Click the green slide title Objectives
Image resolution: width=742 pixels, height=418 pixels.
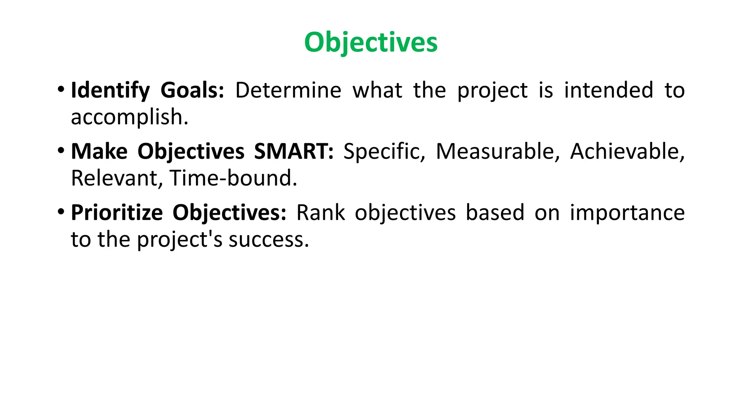(x=371, y=42)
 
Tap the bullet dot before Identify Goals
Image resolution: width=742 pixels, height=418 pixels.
(x=61, y=89)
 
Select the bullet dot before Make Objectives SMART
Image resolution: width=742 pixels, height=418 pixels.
(x=61, y=150)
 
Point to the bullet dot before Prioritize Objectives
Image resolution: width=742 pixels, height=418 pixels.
(x=61, y=211)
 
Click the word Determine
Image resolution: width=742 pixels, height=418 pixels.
(x=288, y=90)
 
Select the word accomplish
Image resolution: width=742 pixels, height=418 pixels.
(x=129, y=117)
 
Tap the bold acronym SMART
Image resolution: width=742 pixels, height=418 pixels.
(x=293, y=151)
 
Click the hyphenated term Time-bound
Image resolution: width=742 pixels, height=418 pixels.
(x=233, y=178)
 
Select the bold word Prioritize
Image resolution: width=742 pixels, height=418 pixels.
(x=117, y=213)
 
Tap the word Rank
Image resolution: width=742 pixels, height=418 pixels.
(x=320, y=213)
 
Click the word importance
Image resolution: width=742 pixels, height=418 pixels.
(x=627, y=213)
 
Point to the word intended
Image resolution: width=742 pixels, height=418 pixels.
(x=609, y=90)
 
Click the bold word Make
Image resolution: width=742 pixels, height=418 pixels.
(x=99, y=151)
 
